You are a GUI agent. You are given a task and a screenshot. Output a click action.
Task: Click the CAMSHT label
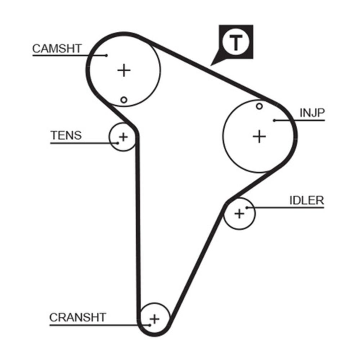click(x=57, y=49)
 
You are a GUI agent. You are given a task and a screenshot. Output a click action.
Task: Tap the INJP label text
click(x=312, y=113)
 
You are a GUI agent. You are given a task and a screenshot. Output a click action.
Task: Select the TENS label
click(x=66, y=135)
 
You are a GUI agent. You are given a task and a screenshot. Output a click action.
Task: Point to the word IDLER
click(x=306, y=201)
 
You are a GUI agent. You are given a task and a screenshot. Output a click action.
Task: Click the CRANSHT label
click(x=78, y=318)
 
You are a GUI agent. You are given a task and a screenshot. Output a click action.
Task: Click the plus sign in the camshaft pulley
click(x=124, y=70)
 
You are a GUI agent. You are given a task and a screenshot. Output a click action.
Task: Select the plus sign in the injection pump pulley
click(x=259, y=136)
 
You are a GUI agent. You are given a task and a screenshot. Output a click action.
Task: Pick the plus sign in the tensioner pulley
click(x=123, y=137)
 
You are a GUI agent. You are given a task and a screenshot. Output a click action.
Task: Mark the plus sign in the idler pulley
click(x=239, y=214)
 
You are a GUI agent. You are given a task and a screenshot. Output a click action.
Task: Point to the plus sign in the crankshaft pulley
click(x=154, y=319)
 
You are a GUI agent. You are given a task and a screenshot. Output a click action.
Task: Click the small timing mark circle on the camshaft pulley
click(x=124, y=100)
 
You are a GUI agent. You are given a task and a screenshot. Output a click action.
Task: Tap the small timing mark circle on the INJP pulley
click(x=259, y=106)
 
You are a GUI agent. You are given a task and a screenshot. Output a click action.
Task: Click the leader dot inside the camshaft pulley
click(x=107, y=55)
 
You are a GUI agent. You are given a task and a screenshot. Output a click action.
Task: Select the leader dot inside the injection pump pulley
click(x=274, y=120)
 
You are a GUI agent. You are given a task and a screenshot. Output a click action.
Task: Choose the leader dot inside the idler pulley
click(x=247, y=208)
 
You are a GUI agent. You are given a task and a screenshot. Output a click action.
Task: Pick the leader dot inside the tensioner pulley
click(x=118, y=143)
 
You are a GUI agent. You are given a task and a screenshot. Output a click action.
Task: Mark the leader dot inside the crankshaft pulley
click(x=149, y=325)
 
